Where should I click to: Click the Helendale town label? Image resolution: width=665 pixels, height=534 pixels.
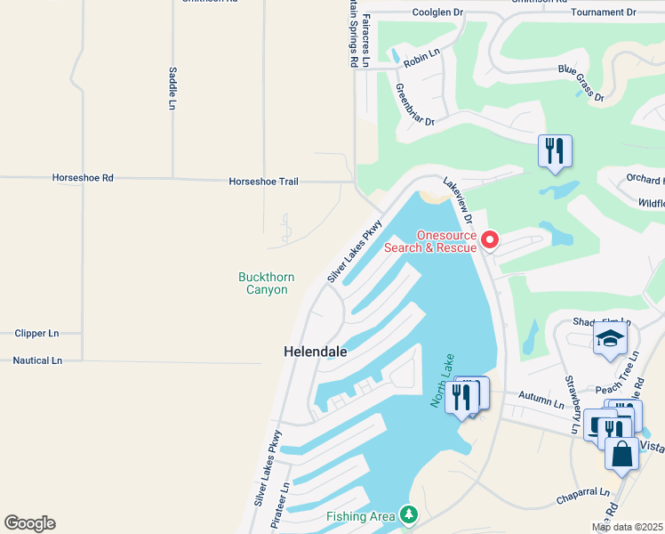[315, 352]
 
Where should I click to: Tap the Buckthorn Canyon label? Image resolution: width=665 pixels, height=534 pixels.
[263, 284]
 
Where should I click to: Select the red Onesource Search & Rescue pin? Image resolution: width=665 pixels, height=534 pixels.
[490, 241]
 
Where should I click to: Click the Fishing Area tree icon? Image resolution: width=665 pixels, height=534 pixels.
[408, 514]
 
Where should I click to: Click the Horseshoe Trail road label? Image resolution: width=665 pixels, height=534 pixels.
[263, 182]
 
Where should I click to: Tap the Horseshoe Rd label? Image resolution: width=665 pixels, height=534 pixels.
[84, 178]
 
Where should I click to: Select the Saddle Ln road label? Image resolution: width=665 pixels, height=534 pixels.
[172, 88]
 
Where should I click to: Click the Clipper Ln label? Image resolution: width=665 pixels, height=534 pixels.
[36, 333]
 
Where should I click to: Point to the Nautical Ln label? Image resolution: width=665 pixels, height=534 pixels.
[37, 360]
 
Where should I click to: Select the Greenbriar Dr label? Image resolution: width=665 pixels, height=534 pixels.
[414, 104]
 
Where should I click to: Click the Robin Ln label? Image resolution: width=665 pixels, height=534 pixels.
[422, 59]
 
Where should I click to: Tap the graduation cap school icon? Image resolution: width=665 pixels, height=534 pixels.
[611, 337]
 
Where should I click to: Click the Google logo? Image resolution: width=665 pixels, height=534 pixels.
[30, 523]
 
